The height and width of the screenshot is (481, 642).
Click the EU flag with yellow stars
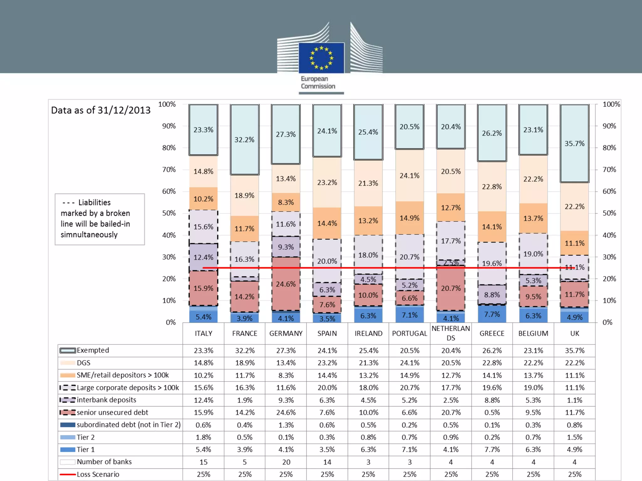pyautogui.click(x=321, y=58)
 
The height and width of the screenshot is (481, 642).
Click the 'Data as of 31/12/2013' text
pyautogui.click(x=101, y=110)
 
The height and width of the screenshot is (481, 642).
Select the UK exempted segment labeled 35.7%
pyautogui.click(x=574, y=143)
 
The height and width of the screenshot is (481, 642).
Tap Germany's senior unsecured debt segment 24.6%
pyautogui.click(x=286, y=284)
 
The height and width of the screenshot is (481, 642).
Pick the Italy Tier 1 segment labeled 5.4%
pyautogui.click(x=203, y=317)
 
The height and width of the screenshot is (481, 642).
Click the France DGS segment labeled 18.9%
pyautogui.click(x=245, y=195)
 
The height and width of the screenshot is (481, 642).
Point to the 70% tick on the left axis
pyautogui.click(x=169, y=170)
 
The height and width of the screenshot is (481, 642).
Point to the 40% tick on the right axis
pyautogui.click(x=609, y=235)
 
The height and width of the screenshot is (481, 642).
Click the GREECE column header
pyautogui.click(x=492, y=334)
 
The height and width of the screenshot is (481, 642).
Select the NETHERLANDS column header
pyautogui.click(x=451, y=333)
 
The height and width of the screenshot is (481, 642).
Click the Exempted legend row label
pyautogui.click(x=93, y=350)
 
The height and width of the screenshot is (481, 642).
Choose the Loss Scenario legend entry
pyautogui.click(x=98, y=474)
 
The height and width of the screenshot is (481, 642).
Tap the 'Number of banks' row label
pyautogui.click(x=104, y=462)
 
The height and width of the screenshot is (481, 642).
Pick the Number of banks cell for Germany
pyautogui.click(x=286, y=462)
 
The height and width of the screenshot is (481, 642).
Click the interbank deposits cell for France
pyautogui.click(x=245, y=400)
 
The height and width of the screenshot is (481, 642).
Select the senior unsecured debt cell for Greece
pyautogui.click(x=492, y=413)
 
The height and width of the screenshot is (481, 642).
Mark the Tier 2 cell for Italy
pyautogui.click(x=203, y=437)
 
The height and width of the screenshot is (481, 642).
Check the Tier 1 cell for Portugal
pyautogui.click(x=409, y=450)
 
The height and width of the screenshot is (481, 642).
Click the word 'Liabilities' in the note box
pyautogui.click(x=94, y=203)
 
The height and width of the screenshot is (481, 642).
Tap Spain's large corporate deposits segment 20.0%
pyautogui.click(x=327, y=261)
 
